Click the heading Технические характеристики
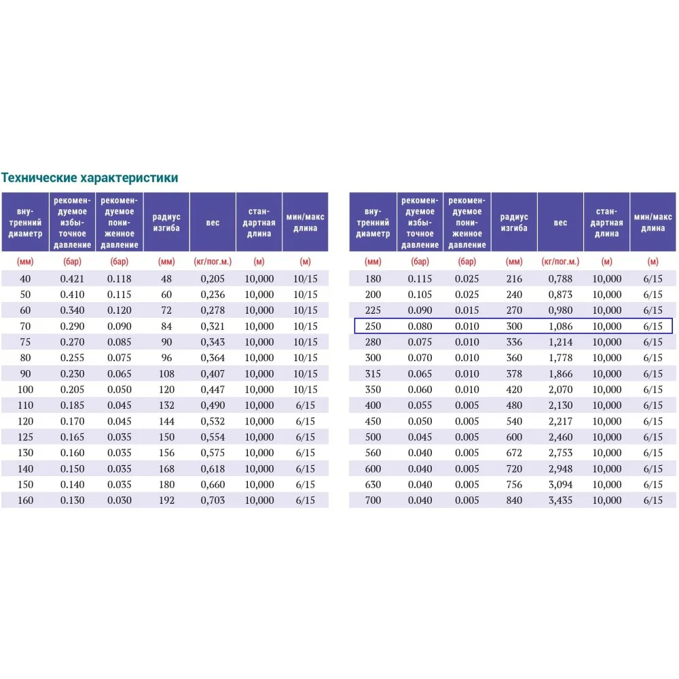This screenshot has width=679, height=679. [90, 178]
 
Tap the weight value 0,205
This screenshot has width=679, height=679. [213, 278]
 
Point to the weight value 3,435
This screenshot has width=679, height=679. [560, 500]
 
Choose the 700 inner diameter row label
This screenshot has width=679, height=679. [373, 500]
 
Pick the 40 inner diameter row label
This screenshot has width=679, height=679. [25, 278]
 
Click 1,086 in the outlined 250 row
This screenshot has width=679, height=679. [560, 327]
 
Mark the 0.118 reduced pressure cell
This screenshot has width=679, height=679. [119, 278]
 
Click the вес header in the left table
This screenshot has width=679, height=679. [213, 222]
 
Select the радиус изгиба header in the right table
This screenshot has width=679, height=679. [514, 222]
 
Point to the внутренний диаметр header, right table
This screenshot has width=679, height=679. [373, 222]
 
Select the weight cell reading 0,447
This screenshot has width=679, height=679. [213, 390]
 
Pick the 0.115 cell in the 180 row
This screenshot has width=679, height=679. [420, 279]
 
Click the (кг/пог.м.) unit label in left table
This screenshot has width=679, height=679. [213, 261]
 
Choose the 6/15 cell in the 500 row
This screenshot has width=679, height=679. [653, 437]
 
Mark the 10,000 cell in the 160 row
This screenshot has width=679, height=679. [259, 500]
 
